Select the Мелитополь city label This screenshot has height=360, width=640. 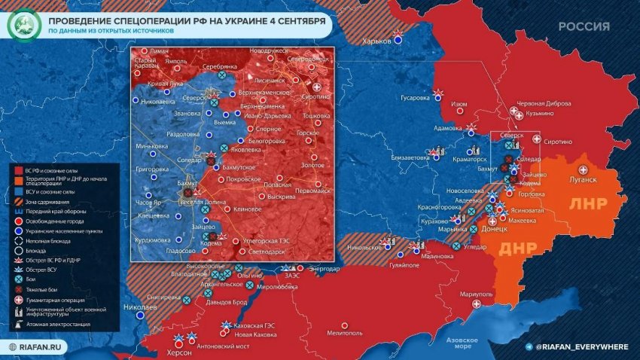[345, 332]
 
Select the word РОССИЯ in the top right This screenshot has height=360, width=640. [584, 26]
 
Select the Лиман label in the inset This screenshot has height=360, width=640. [160, 50]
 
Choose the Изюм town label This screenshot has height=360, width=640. [459, 105]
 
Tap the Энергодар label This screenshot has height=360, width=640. [325, 268]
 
